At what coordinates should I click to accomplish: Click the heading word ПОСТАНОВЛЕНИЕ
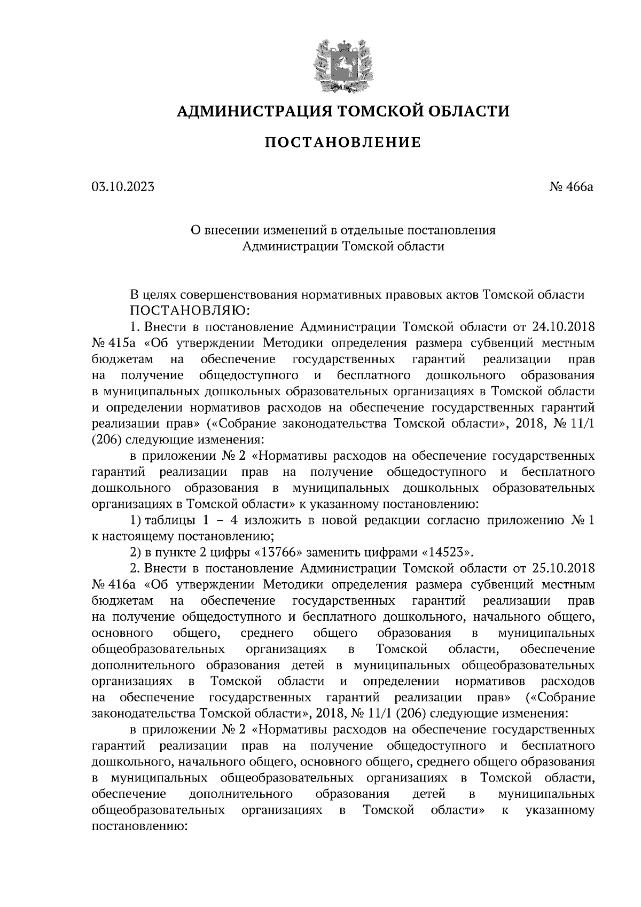click(x=342, y=142)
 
